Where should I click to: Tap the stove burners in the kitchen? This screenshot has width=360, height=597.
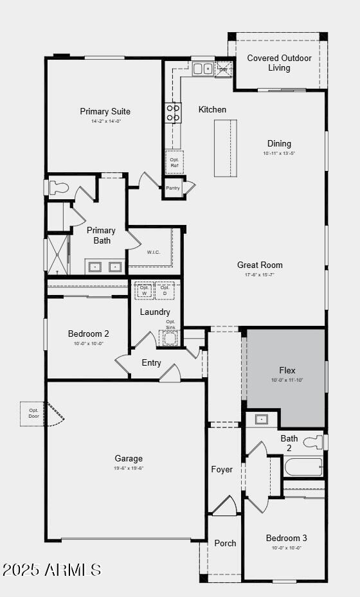[174, 112]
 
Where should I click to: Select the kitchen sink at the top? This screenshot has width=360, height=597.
[203, 68]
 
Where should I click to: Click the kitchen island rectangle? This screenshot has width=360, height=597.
[225, 148]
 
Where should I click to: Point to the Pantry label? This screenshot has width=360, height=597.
[173, 188]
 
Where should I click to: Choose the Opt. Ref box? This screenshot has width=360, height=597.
[174, 162]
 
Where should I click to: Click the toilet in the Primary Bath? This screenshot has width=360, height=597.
[59, 188]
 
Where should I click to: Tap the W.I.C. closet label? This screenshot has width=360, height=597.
[153, 252]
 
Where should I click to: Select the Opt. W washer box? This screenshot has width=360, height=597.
[144, 290]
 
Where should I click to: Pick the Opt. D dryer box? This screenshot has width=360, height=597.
[165, 290]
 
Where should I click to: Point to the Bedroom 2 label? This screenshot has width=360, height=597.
[88, 334]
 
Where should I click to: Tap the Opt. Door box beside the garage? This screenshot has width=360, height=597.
[33, 413]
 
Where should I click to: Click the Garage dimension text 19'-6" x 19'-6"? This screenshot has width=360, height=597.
[129, 468]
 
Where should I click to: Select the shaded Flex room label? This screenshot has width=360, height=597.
[287, 371]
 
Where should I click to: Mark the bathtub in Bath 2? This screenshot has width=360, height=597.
[303, 467]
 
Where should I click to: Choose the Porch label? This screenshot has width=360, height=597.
[225, 544]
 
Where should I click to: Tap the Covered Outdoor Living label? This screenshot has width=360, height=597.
[279, 63]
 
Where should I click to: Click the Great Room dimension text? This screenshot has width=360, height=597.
[259, 274]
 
